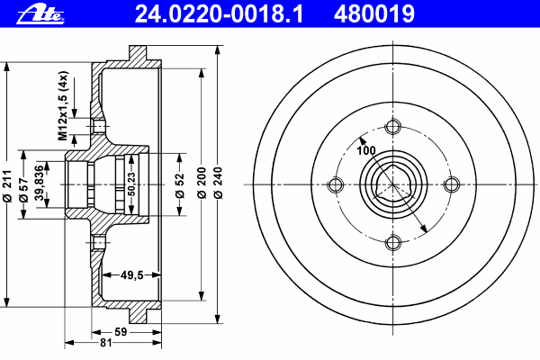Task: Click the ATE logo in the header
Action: (40, 15)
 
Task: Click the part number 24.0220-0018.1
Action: (219, 14)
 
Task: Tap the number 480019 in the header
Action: (374, 14)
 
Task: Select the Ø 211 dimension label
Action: (7, 185)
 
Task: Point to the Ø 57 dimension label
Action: (23, 190)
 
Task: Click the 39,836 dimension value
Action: (40, 183)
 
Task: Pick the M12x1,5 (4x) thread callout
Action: (63, 106)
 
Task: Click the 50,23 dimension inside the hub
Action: (131, 184)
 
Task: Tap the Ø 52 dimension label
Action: (180, 186)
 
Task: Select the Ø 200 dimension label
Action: (202, 183)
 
